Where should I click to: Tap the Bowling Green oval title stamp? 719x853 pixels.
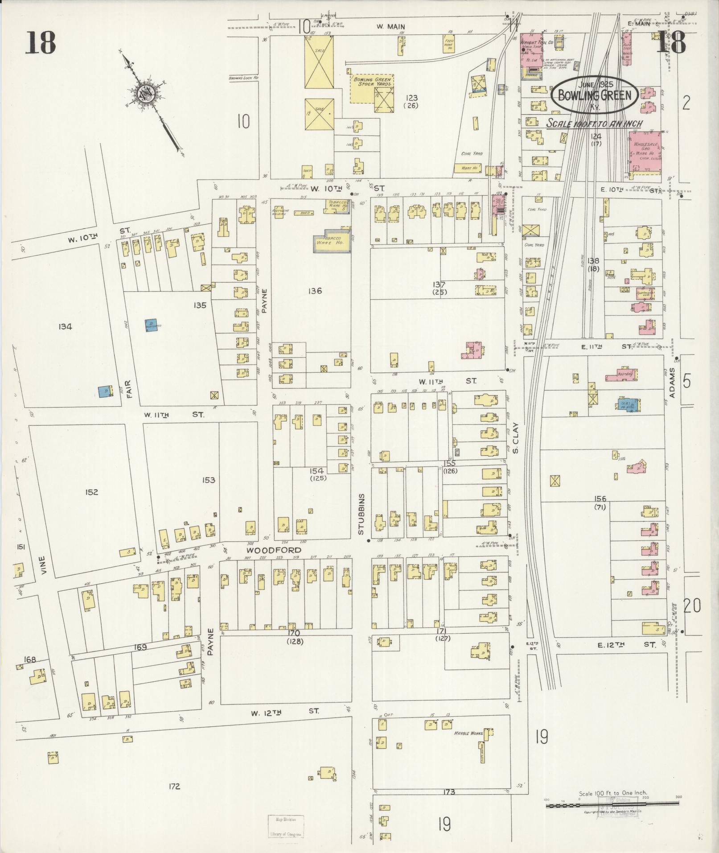click(595, 95)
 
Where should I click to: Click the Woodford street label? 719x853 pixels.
click(274, 550)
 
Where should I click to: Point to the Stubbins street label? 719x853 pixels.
click(361, 514)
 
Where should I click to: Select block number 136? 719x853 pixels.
click(314, 291)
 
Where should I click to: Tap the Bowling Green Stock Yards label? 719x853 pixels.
click(372, 82)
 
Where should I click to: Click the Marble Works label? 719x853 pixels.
click(466, 733)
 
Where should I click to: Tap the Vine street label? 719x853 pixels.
click(43, 565)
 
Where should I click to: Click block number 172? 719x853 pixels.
click(174, 799)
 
